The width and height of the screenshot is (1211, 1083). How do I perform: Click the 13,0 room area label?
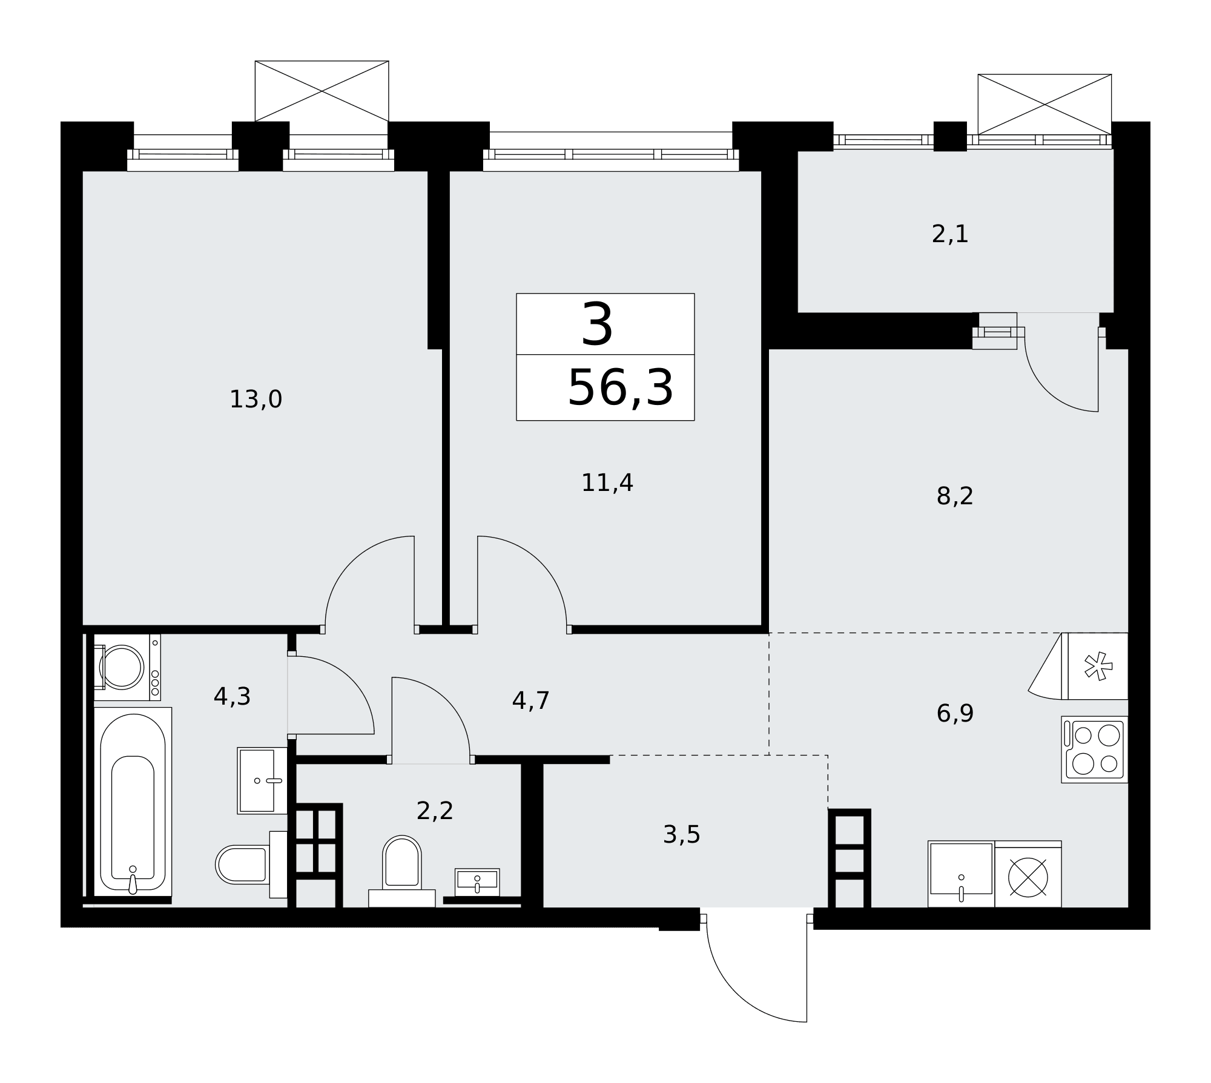point(256,400)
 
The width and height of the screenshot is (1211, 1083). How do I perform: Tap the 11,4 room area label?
point(607,483)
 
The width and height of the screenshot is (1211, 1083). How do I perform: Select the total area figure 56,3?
point(620,388)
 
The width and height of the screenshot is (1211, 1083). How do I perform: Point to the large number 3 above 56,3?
point(597,325)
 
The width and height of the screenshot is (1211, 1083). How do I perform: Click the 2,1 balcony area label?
point(950,234)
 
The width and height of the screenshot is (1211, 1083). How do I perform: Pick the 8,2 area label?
point(955,496)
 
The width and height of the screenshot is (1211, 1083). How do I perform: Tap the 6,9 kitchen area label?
point(955,714)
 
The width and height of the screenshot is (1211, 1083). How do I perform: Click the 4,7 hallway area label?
point(530,701)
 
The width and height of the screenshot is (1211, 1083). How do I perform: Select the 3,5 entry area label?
point(681,835)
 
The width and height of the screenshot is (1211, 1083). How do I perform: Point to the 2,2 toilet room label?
point(435,811)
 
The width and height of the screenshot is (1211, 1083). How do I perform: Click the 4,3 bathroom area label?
point(232,697)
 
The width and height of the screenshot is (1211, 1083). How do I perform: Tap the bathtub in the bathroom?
point(133,802)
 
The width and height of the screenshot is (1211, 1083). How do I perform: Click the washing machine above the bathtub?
point(127,667)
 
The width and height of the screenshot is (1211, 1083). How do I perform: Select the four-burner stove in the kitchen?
point(1094,749)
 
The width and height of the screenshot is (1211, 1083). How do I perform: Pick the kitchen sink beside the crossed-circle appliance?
point(961,874)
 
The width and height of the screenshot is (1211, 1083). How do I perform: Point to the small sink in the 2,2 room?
point(477,882)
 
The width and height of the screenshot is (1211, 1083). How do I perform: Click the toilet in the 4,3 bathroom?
point(251,864)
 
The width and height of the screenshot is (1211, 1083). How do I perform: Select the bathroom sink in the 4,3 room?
point(262,780)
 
